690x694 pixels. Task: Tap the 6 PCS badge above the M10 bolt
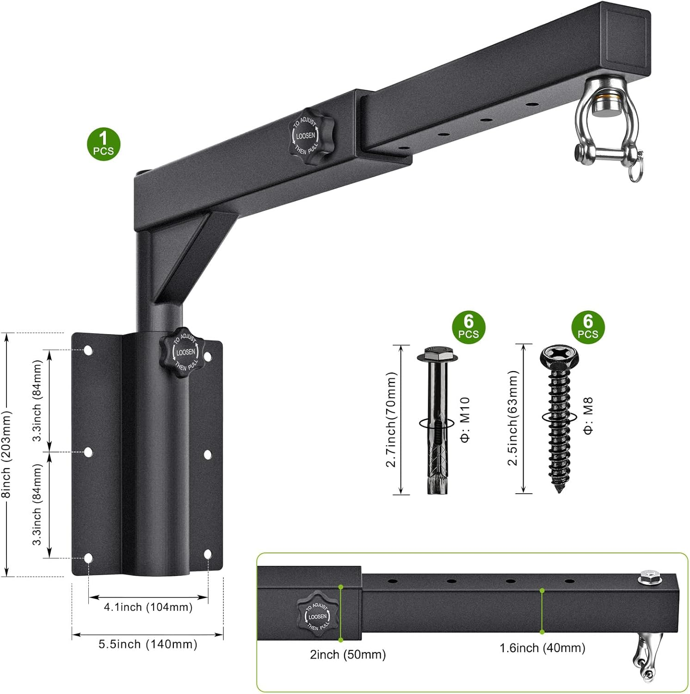coord(468,327)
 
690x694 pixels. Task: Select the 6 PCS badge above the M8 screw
coord(588,327)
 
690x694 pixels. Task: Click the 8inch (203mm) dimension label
coord(6,454)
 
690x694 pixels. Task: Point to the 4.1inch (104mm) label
coord(148,607)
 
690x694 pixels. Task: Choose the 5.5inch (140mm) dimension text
coord(148,644)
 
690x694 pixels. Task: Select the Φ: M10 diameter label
coord(465,419)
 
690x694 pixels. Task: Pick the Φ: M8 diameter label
coord(588,415)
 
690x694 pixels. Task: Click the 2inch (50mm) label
coord(348,654)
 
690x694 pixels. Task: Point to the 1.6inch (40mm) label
coord(542,648)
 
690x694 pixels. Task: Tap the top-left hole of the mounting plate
coord(88,350)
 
